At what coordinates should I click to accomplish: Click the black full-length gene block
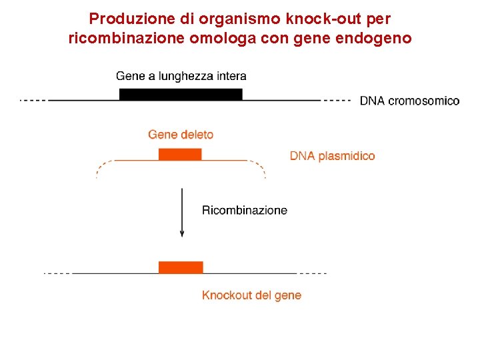181,94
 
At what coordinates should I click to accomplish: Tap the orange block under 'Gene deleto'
180,155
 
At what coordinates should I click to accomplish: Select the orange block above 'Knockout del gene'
181,267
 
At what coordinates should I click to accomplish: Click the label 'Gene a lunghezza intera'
181,76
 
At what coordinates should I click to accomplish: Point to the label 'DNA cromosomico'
409,101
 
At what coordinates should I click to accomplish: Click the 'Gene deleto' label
181,135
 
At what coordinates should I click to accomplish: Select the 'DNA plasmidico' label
332,156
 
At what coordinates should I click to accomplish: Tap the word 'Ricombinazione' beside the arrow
245,210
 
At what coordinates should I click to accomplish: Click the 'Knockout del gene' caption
251,295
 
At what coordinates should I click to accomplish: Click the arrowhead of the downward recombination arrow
182,233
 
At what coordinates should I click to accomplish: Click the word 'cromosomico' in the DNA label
423,101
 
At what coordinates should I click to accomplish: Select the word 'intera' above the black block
231,76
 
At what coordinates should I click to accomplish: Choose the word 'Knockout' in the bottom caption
227,295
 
